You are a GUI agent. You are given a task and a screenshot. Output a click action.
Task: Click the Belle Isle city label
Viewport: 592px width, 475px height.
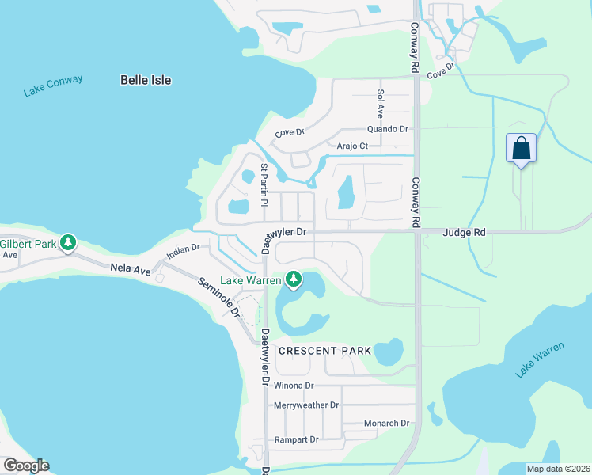(x=146, y=80)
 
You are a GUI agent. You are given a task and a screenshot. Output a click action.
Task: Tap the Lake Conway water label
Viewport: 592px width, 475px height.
(x=53, y=86)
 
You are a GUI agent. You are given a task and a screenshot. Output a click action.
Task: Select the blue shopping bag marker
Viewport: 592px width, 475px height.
(x=521, y=148)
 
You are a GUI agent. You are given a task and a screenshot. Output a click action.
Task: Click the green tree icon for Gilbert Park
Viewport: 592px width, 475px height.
(x=69, y=242)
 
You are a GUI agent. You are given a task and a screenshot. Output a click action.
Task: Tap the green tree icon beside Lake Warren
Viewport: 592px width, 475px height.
(x=294, y=279)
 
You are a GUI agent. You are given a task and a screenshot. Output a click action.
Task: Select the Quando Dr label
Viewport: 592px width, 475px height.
(x=387, y=129)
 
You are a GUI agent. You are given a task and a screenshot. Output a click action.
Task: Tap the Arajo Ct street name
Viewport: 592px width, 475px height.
(x=352, y=146)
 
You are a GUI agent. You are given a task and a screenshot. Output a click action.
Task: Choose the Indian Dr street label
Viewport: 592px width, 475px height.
(x=183, y=252)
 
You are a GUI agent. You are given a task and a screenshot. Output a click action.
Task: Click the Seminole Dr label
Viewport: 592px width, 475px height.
(x=218, y=298)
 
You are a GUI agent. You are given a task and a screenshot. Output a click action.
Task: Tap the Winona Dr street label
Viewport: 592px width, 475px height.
(x=294, y=386)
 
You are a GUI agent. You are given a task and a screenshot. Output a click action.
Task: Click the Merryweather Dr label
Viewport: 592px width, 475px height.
(x=305, y=405)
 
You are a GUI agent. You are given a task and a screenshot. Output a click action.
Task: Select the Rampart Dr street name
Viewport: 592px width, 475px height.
(x=295, y=439)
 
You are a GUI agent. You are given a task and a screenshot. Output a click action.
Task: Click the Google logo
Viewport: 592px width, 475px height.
(x=25, y=465)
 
